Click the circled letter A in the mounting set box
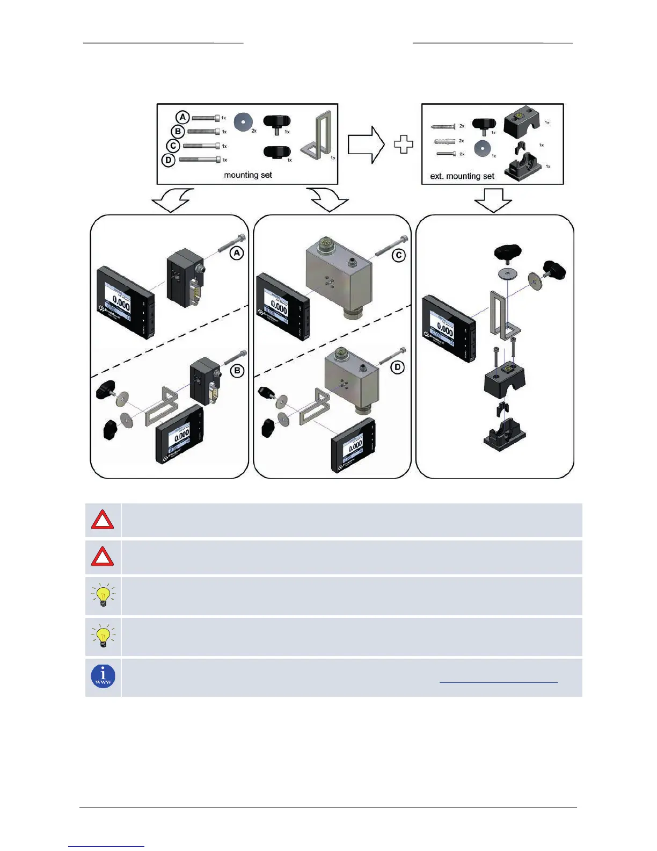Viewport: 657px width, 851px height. tap(182, 117)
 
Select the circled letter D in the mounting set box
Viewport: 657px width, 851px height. tap(169, 160)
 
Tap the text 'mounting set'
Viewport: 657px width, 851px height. tap(248, 175)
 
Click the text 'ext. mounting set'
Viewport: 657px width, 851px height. tap(462, 176)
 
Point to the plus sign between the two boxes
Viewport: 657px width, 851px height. tap(404, 145)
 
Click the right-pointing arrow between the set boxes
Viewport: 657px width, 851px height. tap(366, 145)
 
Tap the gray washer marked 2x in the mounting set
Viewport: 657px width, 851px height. tap(243, 122)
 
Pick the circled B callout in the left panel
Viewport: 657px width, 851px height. tap(237, 371)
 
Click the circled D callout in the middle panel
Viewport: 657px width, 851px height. tap(398, 367)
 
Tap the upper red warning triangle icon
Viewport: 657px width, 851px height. tap(103, 521)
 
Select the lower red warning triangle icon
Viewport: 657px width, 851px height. tap(103, 557)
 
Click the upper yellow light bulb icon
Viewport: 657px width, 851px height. tap(103, 595)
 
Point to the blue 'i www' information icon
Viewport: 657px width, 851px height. tap(103, 676)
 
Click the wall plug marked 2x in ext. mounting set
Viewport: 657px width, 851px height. tap(446, 141)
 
